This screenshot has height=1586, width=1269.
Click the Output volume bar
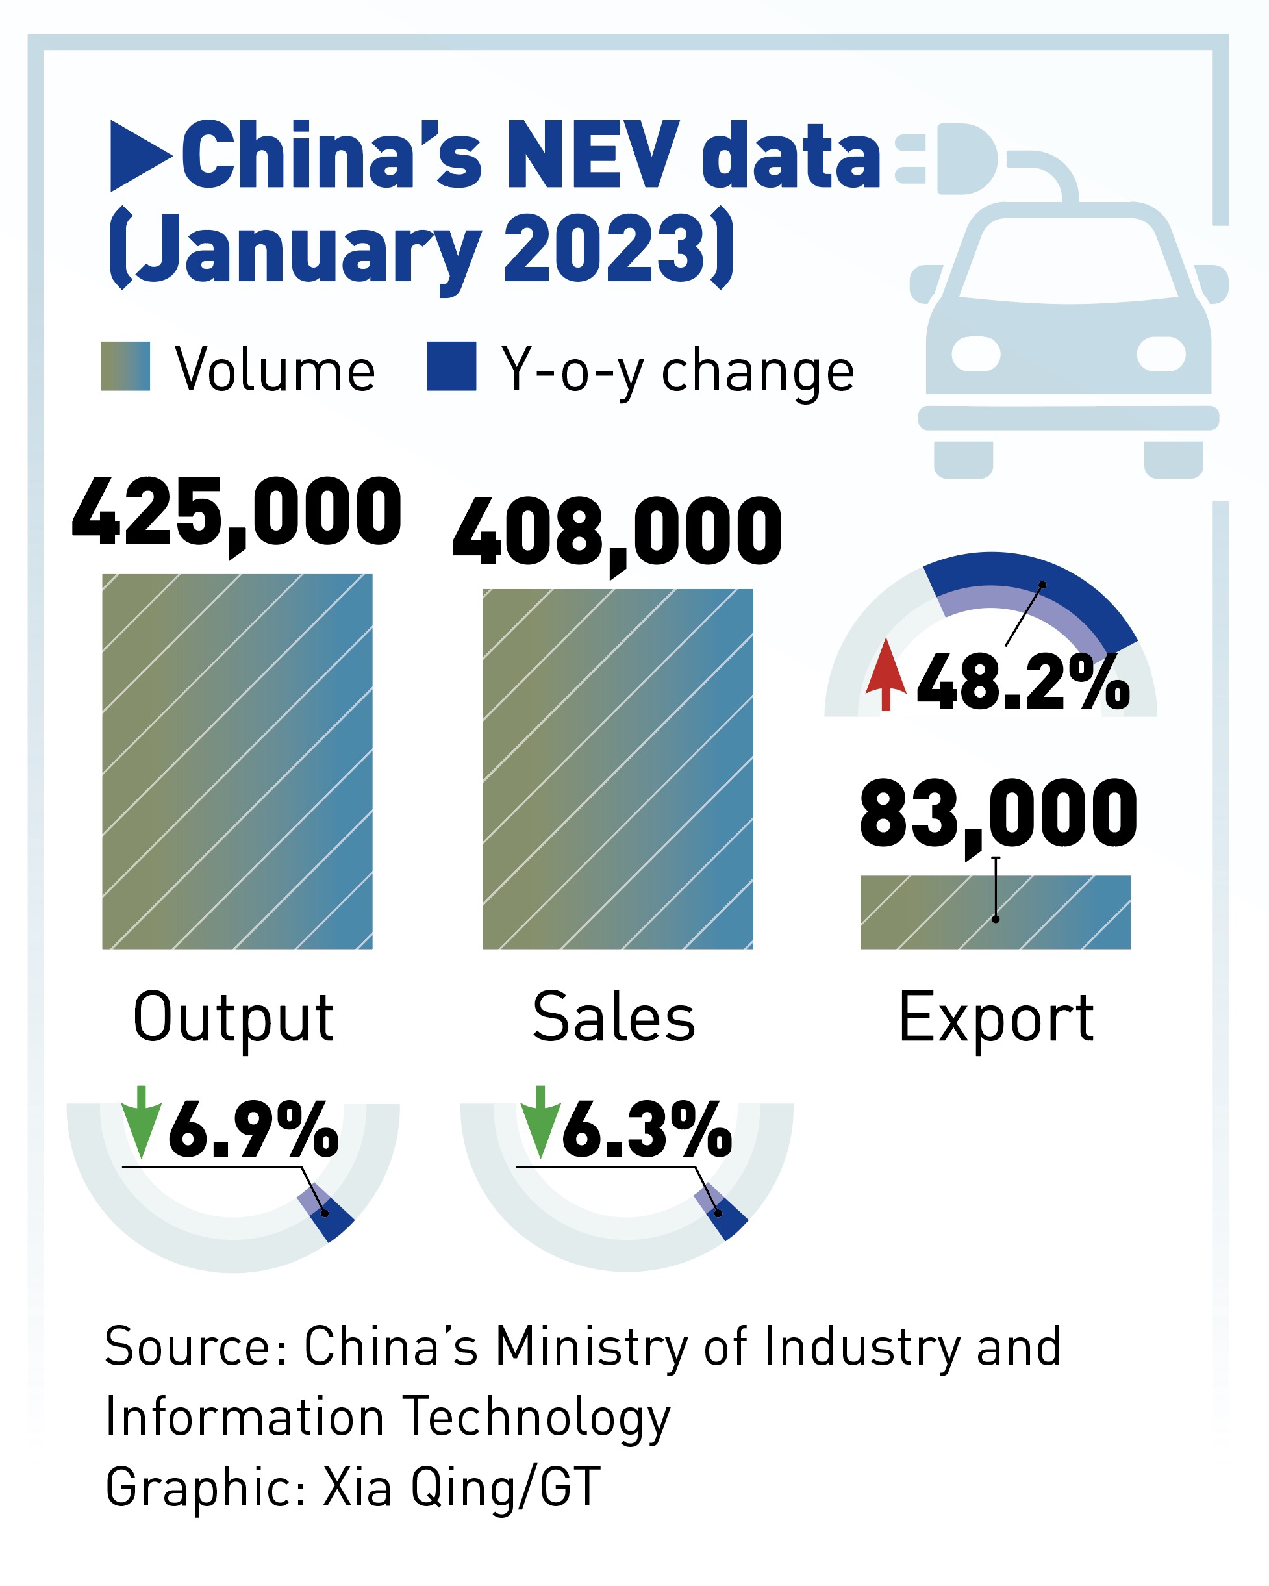tap(237, 761)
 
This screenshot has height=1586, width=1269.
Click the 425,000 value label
tap(236, 512)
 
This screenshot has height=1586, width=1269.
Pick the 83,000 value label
tap(998, 814)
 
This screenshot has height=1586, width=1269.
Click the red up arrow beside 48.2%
tap(886, 675)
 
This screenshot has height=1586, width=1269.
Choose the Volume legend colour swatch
tap(125, 366)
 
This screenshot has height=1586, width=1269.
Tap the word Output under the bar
tap(233, 1020)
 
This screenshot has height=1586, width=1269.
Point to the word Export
tap(996, 1020)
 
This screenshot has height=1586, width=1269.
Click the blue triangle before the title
tap(140, 155)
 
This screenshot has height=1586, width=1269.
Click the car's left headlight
tap(975, 354)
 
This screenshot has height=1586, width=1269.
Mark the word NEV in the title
tap(592, 155)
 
